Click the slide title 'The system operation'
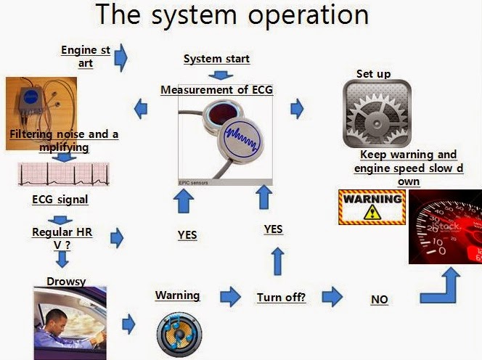pyautogui.click(x=232, y=15)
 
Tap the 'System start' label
pyautogui.click(x=217, y=59)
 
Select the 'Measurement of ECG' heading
pyautogui.click(x=217, y=90)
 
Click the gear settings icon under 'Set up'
pyautogui.click(x=377, y=113)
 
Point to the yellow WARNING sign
pyautogui.click(x=372, y=207)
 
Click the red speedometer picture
pyautogui.click(x=445, y=226)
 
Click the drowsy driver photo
pyautogui.click(x=70, y=323)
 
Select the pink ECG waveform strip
pyautogui.click(x=64, y=174)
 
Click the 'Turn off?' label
pyautogui.click(x=281, y=298)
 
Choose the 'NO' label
pyautogui.click(x=380, y=300)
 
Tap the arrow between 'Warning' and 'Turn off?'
pyautogui.click(x=231, y=297)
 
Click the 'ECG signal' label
pyautogui.click(x=60, y=200)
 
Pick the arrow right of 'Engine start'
pyautogui.click(x=120, y=58)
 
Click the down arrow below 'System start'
pyautogui.click(x=221, y=75)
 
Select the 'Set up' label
pyautogui.click(x=374, y=74)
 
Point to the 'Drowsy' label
pyautogui.click(x=66, y=282)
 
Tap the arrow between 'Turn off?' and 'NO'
pyautogui.click(x=332, y=297)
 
